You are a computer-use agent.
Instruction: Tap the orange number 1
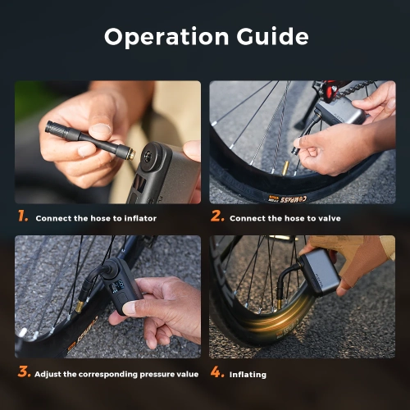pyautogui.click(x=22, y=217)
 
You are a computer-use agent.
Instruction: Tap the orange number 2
pyautogui.click(x=217, y=217)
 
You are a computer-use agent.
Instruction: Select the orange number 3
pyautogui.click(x=23, y=372)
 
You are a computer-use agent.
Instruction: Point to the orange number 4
pyautogui.click(x=217, y=372)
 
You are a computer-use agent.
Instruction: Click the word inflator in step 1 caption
pyautogui.click(x=138, y=218)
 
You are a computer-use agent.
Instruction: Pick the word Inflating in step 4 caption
pyautogui.click(x=248, y=374)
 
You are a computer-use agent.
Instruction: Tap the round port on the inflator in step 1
pyautogui.click(x=150, y=156)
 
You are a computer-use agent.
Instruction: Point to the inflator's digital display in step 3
pyautogui.click(x=116, y=290)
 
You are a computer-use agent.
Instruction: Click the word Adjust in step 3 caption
pyautogui.click(x=47, y=374)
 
